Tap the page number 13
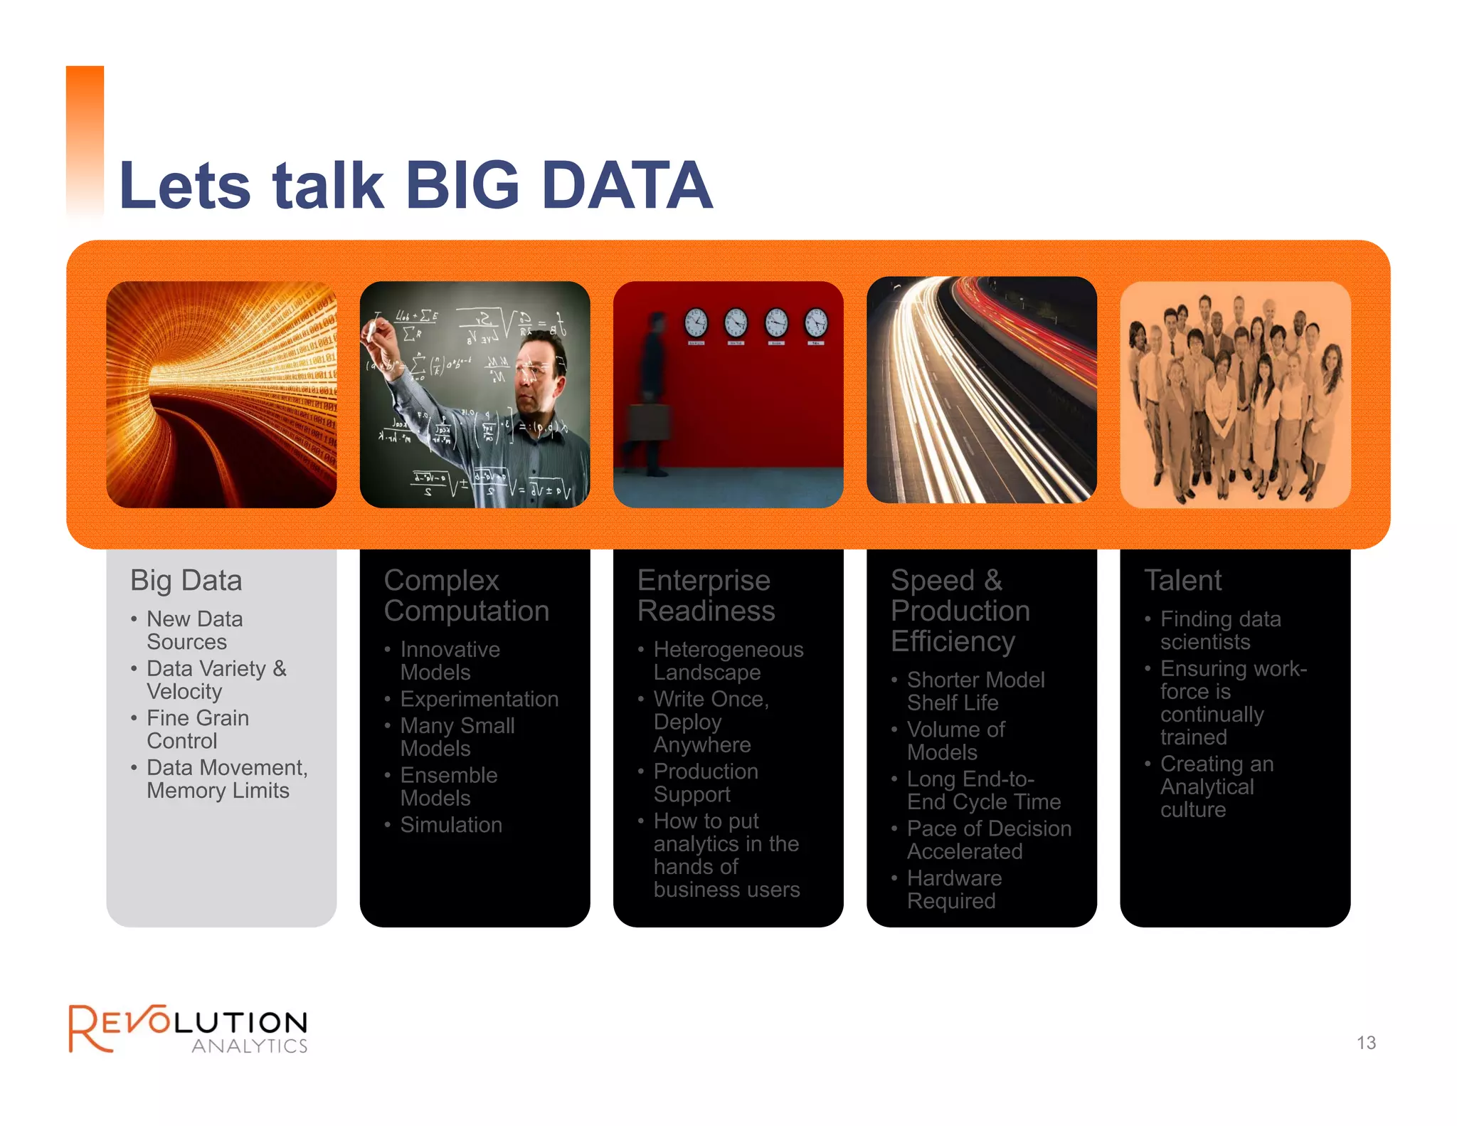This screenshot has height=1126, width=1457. tap(1365, 1043)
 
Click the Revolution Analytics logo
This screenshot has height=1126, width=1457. tap(189, 1028)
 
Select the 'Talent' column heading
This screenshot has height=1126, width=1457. tap(1182, 580)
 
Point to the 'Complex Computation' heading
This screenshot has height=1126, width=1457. tap(466, 596)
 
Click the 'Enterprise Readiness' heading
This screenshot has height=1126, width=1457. tap(705, 596)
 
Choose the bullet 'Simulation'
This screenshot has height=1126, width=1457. tap(450, 825)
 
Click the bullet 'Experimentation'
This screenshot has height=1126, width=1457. tap(479, 699)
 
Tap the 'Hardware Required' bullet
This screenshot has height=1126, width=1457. tap(953, 890)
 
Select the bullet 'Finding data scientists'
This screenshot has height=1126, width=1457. tap(1219, 631)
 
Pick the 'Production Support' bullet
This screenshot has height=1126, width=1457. tap(705, 783)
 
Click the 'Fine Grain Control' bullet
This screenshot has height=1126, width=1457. tap(197, 730)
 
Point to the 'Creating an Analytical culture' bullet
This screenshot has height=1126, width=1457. tap(1216, 786)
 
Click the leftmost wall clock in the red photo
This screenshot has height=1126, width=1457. tap(696, 322)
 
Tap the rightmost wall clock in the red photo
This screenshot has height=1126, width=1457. tap(816, 322)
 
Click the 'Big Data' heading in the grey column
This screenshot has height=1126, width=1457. tap(186, 580)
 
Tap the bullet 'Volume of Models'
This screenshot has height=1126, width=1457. tap(955, 741)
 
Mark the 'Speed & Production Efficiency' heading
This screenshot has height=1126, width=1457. tap(960, 611)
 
